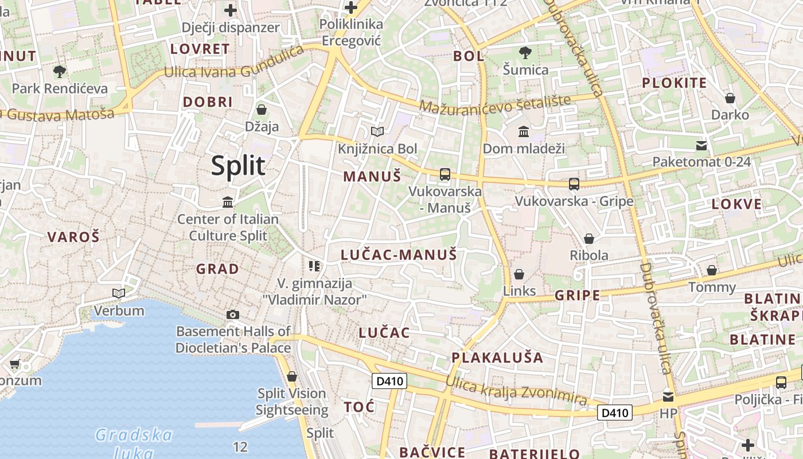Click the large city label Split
click(238, 166)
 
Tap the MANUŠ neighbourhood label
click(372, 176)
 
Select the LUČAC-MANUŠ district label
click(399, 255)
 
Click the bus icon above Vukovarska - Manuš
click(445, 174)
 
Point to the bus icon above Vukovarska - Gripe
click(574, 184)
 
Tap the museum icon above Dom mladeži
click(524, 133)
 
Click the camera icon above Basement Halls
click(233, 314)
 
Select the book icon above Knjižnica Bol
click(377, 132)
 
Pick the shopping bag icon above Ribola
click(589, 239)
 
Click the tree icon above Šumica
click(525, 53)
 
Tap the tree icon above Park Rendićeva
click(59, 72)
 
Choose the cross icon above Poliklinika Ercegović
click(351, 7)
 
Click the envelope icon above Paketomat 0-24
click(701, 145)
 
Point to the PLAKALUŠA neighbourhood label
click(497, 358)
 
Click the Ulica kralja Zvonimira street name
click(516, 392)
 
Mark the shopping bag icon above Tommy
click(712, 270)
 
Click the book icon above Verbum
click(119, 294)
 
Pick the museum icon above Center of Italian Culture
click(228, 202)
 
